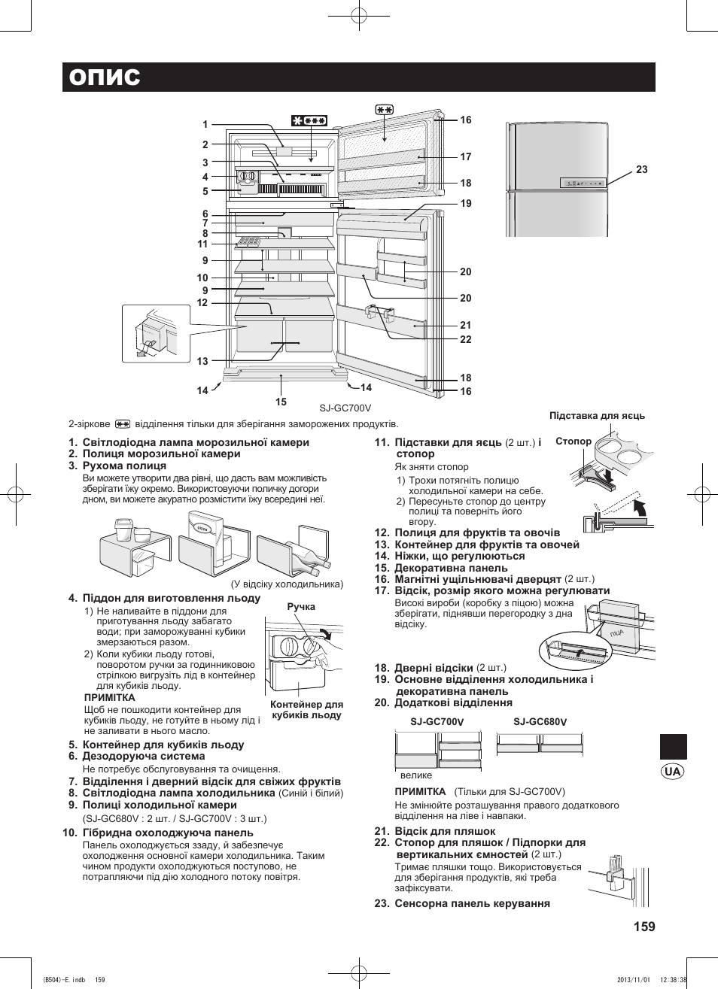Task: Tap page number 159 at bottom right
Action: pyautogui.click(x=644, y=927)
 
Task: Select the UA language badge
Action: pyautogui.click(x=673, y=772)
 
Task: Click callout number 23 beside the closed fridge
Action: pyautogui.click(x=641, y=170)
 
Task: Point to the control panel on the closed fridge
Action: pyautogui.click(x=583, y=183)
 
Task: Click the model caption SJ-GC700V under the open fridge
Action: pyautogui.click(x=345, y=408)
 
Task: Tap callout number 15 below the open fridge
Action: pyautogui.click(x=281, y=402)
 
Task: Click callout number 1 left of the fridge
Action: pyautogui.click(x=205, y=125)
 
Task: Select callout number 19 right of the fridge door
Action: pyautogui.click(x=466, y=203)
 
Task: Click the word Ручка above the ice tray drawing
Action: pyautogui.click(x=301, y=607)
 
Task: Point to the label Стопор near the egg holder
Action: pyautogui.click(x=573, y=441)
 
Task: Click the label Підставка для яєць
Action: pyautogui.click(x=597, y=416)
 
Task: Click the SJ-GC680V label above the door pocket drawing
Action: pyautogui.click(x=540, y=722)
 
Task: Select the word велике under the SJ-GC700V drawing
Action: pyautogui.click(x=416, y=775)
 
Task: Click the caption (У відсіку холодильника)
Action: pyautogui.click(x=286, y=584)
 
